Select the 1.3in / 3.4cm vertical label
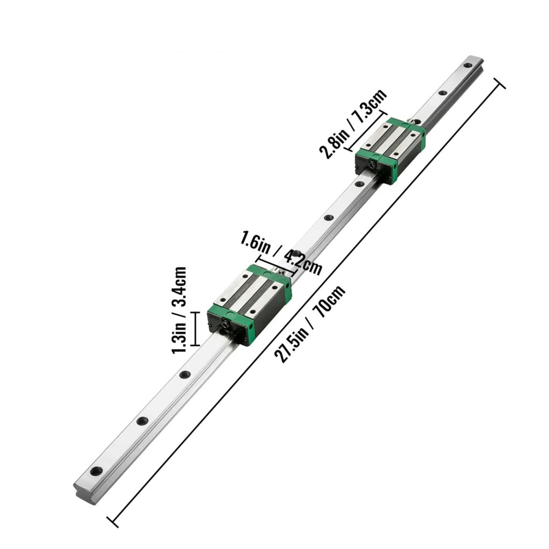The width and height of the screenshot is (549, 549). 179,310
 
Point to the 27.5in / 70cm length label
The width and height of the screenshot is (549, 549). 310,324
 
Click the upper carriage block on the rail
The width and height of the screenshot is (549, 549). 390,150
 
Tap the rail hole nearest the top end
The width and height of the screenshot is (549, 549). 468,65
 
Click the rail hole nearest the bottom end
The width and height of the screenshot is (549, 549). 97,471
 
